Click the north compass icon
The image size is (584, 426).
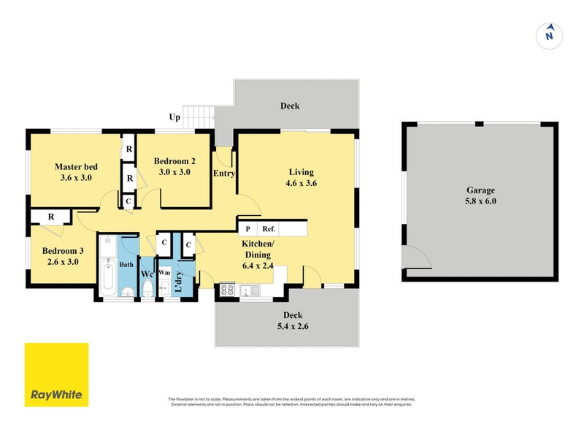click(x=549, y=34)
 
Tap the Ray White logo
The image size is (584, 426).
click(x=56, y=374)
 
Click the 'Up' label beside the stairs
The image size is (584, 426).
click(x=175, y=117)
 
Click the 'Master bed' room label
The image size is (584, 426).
click(x=76, y=167)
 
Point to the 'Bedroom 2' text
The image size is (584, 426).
click(x=174, y=161)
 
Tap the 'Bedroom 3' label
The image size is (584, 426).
click(x=64, y=250)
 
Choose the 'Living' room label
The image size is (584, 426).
click(x=301, y=172)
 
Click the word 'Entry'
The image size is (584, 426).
click(x=223, y=174)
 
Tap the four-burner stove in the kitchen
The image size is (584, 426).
click(x=227, y=290)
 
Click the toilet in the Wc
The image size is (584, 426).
click(x=147, y=291)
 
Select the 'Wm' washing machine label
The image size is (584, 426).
click(x=164, y=272)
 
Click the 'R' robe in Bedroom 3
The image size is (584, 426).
click(x=51, y=217)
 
